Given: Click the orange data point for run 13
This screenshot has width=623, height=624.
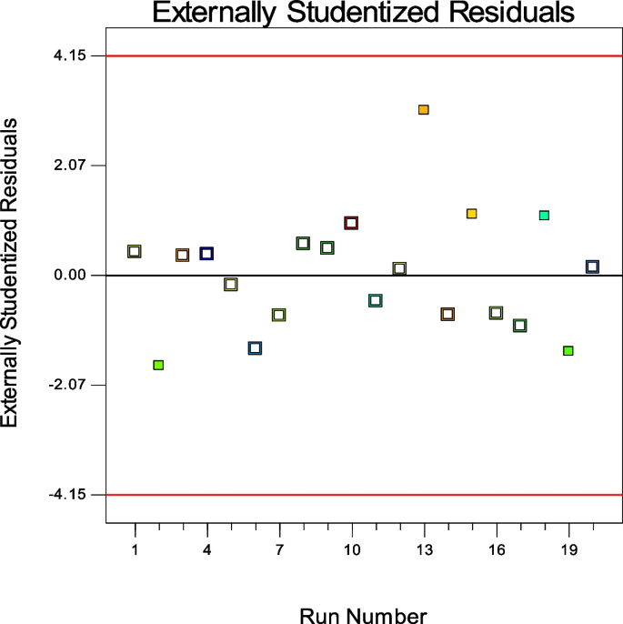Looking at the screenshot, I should point(423,109).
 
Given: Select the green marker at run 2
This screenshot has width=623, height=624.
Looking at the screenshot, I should point(158,365).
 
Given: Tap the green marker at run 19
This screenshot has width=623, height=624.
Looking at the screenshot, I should point(568,350).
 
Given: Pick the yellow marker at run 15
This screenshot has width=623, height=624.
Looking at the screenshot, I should point(471,213).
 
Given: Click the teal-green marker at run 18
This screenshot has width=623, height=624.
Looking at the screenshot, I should point(544,215).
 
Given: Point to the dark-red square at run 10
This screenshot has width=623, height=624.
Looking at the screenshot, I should point(351,223).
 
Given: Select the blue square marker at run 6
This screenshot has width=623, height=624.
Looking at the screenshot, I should point(255,347).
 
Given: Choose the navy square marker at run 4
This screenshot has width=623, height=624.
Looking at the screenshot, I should point(206,253).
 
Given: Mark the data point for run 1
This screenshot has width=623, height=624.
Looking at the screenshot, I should point(135,251).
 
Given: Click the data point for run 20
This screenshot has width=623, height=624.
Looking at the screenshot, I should point(592,267).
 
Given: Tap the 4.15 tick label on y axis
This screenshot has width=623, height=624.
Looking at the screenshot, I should point(69,55).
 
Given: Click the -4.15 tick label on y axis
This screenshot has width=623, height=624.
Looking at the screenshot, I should point(67,495).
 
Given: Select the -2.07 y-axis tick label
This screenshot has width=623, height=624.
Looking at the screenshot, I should point(67,385).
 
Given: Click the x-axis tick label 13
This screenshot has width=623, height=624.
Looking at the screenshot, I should point(424,550).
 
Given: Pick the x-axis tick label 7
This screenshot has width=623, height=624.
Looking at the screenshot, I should point(279,550).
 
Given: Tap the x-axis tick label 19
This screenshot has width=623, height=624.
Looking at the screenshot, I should point(568,550).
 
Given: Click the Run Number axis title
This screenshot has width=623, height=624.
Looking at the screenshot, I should point(363,615).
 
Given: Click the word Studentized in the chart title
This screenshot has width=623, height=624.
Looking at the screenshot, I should point(369,15).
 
